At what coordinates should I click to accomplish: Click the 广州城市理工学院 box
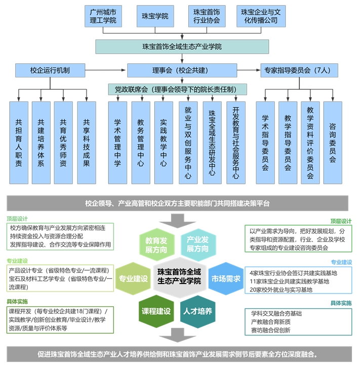click(x=103, y=16)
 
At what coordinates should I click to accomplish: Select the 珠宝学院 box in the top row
click(x=155, y=16)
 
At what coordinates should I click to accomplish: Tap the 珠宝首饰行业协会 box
click(x=206, y=16)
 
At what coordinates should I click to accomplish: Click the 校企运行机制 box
click(x=50, y=70)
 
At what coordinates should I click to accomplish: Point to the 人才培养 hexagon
click(x=198, y=310)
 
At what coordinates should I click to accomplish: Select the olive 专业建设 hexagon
click(x=133, y=278)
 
